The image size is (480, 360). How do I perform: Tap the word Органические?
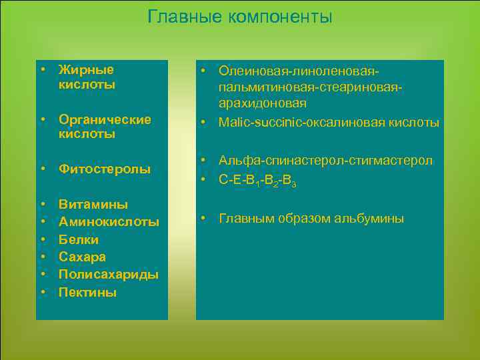coord(105,119)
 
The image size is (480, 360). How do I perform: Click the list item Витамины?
coord(93,204)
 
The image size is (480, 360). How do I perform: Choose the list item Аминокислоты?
coord(109,221)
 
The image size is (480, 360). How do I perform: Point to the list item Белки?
coord(79,239)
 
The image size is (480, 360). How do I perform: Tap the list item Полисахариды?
coord(109,274)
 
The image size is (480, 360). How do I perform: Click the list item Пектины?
coord(87,292)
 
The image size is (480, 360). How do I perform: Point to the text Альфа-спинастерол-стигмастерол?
coord(326,161)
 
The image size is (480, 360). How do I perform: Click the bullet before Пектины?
coord(43,292)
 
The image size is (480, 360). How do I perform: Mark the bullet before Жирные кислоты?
coord(43,70)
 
